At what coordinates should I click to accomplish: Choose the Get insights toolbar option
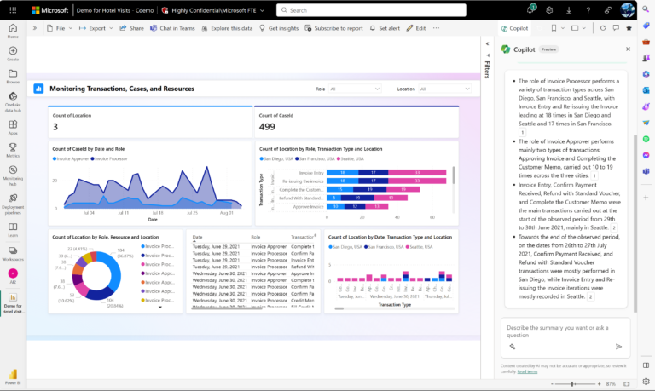[x=280, y=28]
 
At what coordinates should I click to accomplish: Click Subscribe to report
[x=334, y=28]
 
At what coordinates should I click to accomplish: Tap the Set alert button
[x=387, y=28]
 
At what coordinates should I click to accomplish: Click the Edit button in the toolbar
[x=417, y=28]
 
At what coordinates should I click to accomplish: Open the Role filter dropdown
[x=354, y=89]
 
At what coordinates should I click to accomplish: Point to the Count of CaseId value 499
[x=268, y=128]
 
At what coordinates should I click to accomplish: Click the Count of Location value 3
[x=55, y=128]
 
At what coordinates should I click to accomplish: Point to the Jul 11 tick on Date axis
[x=123, y=213]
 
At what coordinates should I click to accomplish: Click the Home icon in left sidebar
[x=13, y=32]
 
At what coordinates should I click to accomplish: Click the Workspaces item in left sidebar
[x=13, y=254]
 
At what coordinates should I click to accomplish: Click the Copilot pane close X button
[x=629, y=49]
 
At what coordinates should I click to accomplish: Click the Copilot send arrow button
[x=618, y=347]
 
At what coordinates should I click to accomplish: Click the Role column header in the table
[x=256, y=237]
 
